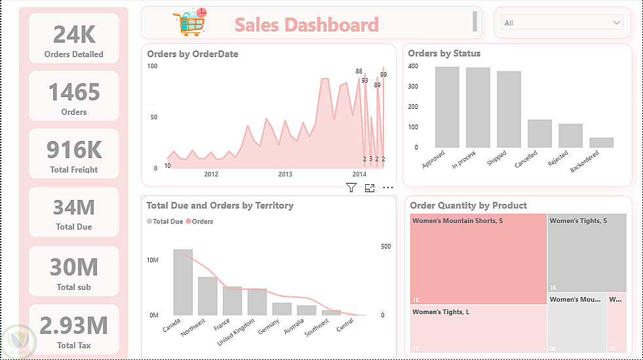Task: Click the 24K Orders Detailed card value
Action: (73, 33)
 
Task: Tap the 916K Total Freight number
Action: (74, 150)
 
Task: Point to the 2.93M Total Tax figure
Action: (74, 325)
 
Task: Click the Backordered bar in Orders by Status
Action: (601, 142)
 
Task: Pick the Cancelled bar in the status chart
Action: (539, 133)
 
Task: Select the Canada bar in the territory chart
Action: (183, 282)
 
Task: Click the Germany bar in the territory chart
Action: (282, 308)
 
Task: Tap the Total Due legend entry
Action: (165, 222)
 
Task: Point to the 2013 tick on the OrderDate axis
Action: (285, 174)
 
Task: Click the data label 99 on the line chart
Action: (383, 75)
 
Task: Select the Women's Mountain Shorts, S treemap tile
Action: (478, 259)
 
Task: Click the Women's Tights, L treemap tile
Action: (478, 330)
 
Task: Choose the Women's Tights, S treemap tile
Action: (587, 252)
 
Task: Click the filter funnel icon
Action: (351, 188)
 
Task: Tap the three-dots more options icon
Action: (388, 188)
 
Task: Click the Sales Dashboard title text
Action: (307, 25)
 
